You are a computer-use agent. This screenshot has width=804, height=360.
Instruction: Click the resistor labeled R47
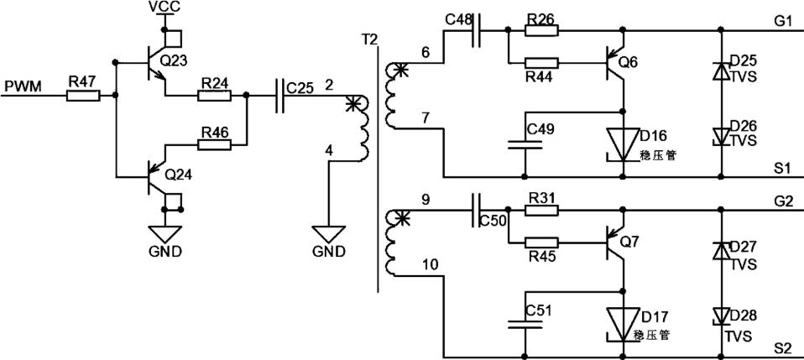click(82, 95)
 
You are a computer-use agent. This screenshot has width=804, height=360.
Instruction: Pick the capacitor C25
click(280, 96)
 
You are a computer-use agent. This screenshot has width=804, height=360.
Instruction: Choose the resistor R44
click(541, 62)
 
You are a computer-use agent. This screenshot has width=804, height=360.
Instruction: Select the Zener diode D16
click(623, 142)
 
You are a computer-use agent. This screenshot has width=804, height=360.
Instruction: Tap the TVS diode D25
click(721, 71)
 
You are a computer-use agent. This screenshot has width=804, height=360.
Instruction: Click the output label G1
click(784, 21)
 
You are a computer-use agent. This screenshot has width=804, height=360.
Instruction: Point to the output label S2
click(784, 347)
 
